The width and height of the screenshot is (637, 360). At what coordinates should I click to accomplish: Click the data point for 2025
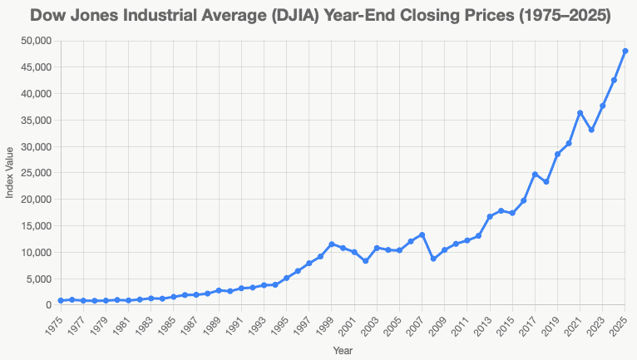(x=625, y=52)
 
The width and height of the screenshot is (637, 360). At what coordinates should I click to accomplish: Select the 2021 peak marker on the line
(x=580, y=113)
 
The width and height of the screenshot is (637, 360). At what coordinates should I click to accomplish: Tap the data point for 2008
(x=433, y=259)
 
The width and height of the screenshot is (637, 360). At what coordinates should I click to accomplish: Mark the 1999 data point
(x=332, y=244)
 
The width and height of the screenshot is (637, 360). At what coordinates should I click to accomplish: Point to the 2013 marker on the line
(x=490, y=217)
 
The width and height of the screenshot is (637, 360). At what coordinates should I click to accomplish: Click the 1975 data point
(x=61, y=301)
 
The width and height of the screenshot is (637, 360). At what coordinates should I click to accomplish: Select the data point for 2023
(x=603, y=106)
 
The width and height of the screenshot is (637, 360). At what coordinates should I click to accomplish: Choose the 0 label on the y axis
(x=48, y=305)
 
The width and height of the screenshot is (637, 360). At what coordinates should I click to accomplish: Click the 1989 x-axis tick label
(x=213, y=324)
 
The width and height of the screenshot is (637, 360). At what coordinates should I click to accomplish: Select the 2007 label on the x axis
(x=416, y=324)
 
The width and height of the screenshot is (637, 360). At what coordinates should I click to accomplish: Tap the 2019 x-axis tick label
(x=551, y=324)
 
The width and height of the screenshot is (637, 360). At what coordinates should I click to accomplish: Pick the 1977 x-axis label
(x=77, y=324)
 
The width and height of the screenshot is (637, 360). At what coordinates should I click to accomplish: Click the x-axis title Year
(x=343, y=352)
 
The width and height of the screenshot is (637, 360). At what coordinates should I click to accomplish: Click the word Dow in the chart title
(x=52, y=15)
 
